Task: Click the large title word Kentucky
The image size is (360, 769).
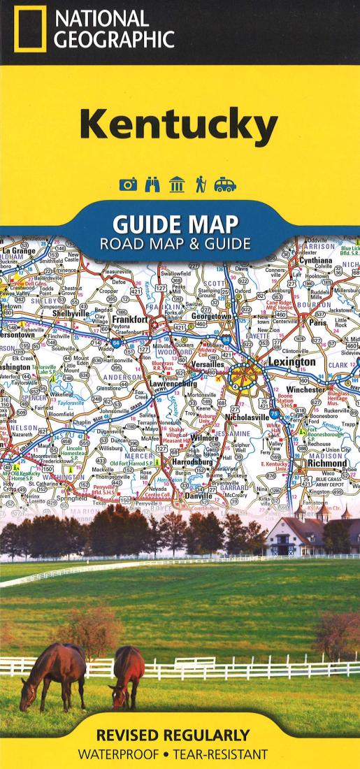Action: coord(178,127)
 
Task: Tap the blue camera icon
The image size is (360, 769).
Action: coord(127,185)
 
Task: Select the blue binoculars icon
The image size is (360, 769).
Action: coord(152,185)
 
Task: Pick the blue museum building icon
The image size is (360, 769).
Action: coord(177,185)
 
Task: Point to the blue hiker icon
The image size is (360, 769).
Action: coord(200,185)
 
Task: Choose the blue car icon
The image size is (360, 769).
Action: coord(225,185)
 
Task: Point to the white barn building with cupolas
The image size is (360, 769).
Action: coord(311,535)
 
